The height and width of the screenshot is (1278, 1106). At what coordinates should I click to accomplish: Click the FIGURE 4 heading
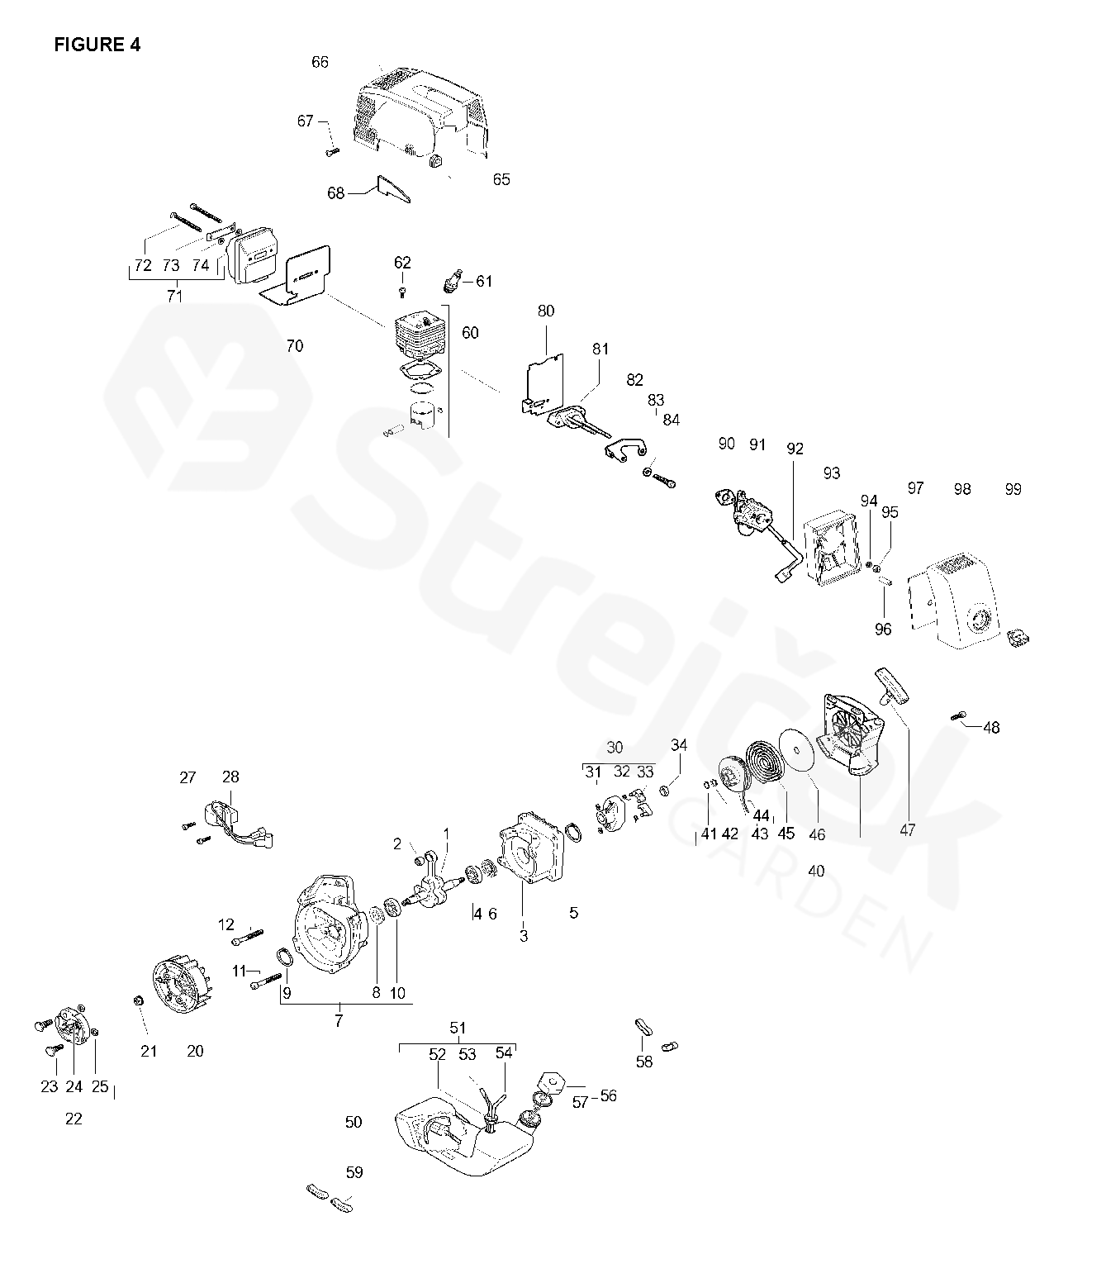[x=97, y=45]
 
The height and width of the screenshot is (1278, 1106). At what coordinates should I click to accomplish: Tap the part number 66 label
[x=320, y=62]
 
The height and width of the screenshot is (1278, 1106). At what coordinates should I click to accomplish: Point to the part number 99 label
[x=1013, y=489]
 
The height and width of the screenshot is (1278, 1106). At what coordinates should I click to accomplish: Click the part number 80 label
[x=546, y=311]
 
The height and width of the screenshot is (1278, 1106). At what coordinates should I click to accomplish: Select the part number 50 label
[x=354, y=1122]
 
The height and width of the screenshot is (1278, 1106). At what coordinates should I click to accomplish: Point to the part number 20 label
[x=195, y=1051]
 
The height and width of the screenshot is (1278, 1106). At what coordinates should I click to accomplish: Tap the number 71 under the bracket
[x=174, y=296]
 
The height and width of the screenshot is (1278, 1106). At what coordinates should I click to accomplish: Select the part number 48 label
[x=991, y=728]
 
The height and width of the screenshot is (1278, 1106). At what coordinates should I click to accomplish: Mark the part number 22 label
[x=74, y=1119]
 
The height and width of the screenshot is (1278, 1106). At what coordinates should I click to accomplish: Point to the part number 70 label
[x=294, y=346]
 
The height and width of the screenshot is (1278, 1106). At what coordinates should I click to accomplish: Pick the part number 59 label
[x=354, y=1172]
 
